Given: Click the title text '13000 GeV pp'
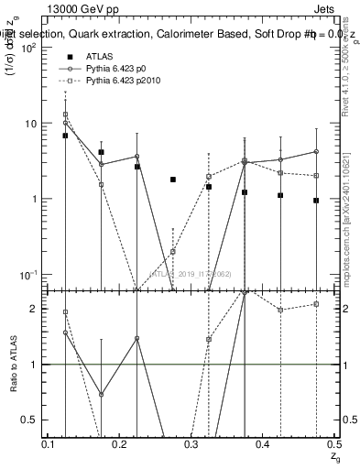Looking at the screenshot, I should point(75,9).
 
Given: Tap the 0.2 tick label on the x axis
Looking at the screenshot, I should point(121,444).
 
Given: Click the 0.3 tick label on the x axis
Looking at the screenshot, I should point(192,444).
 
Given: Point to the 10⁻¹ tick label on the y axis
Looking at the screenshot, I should point(29,274).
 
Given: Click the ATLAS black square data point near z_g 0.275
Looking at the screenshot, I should point(173,180).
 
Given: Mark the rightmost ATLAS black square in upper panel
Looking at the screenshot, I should point(316,200).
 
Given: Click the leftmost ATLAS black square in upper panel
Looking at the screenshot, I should point(65,136).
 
